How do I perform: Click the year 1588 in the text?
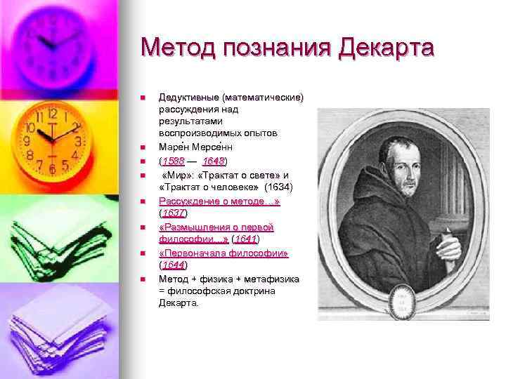pos(174,161)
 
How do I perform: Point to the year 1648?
pos(214,161)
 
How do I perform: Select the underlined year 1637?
pos(173,213)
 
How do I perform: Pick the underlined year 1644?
pos(173,265)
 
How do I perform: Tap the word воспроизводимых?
pos(196,133)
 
